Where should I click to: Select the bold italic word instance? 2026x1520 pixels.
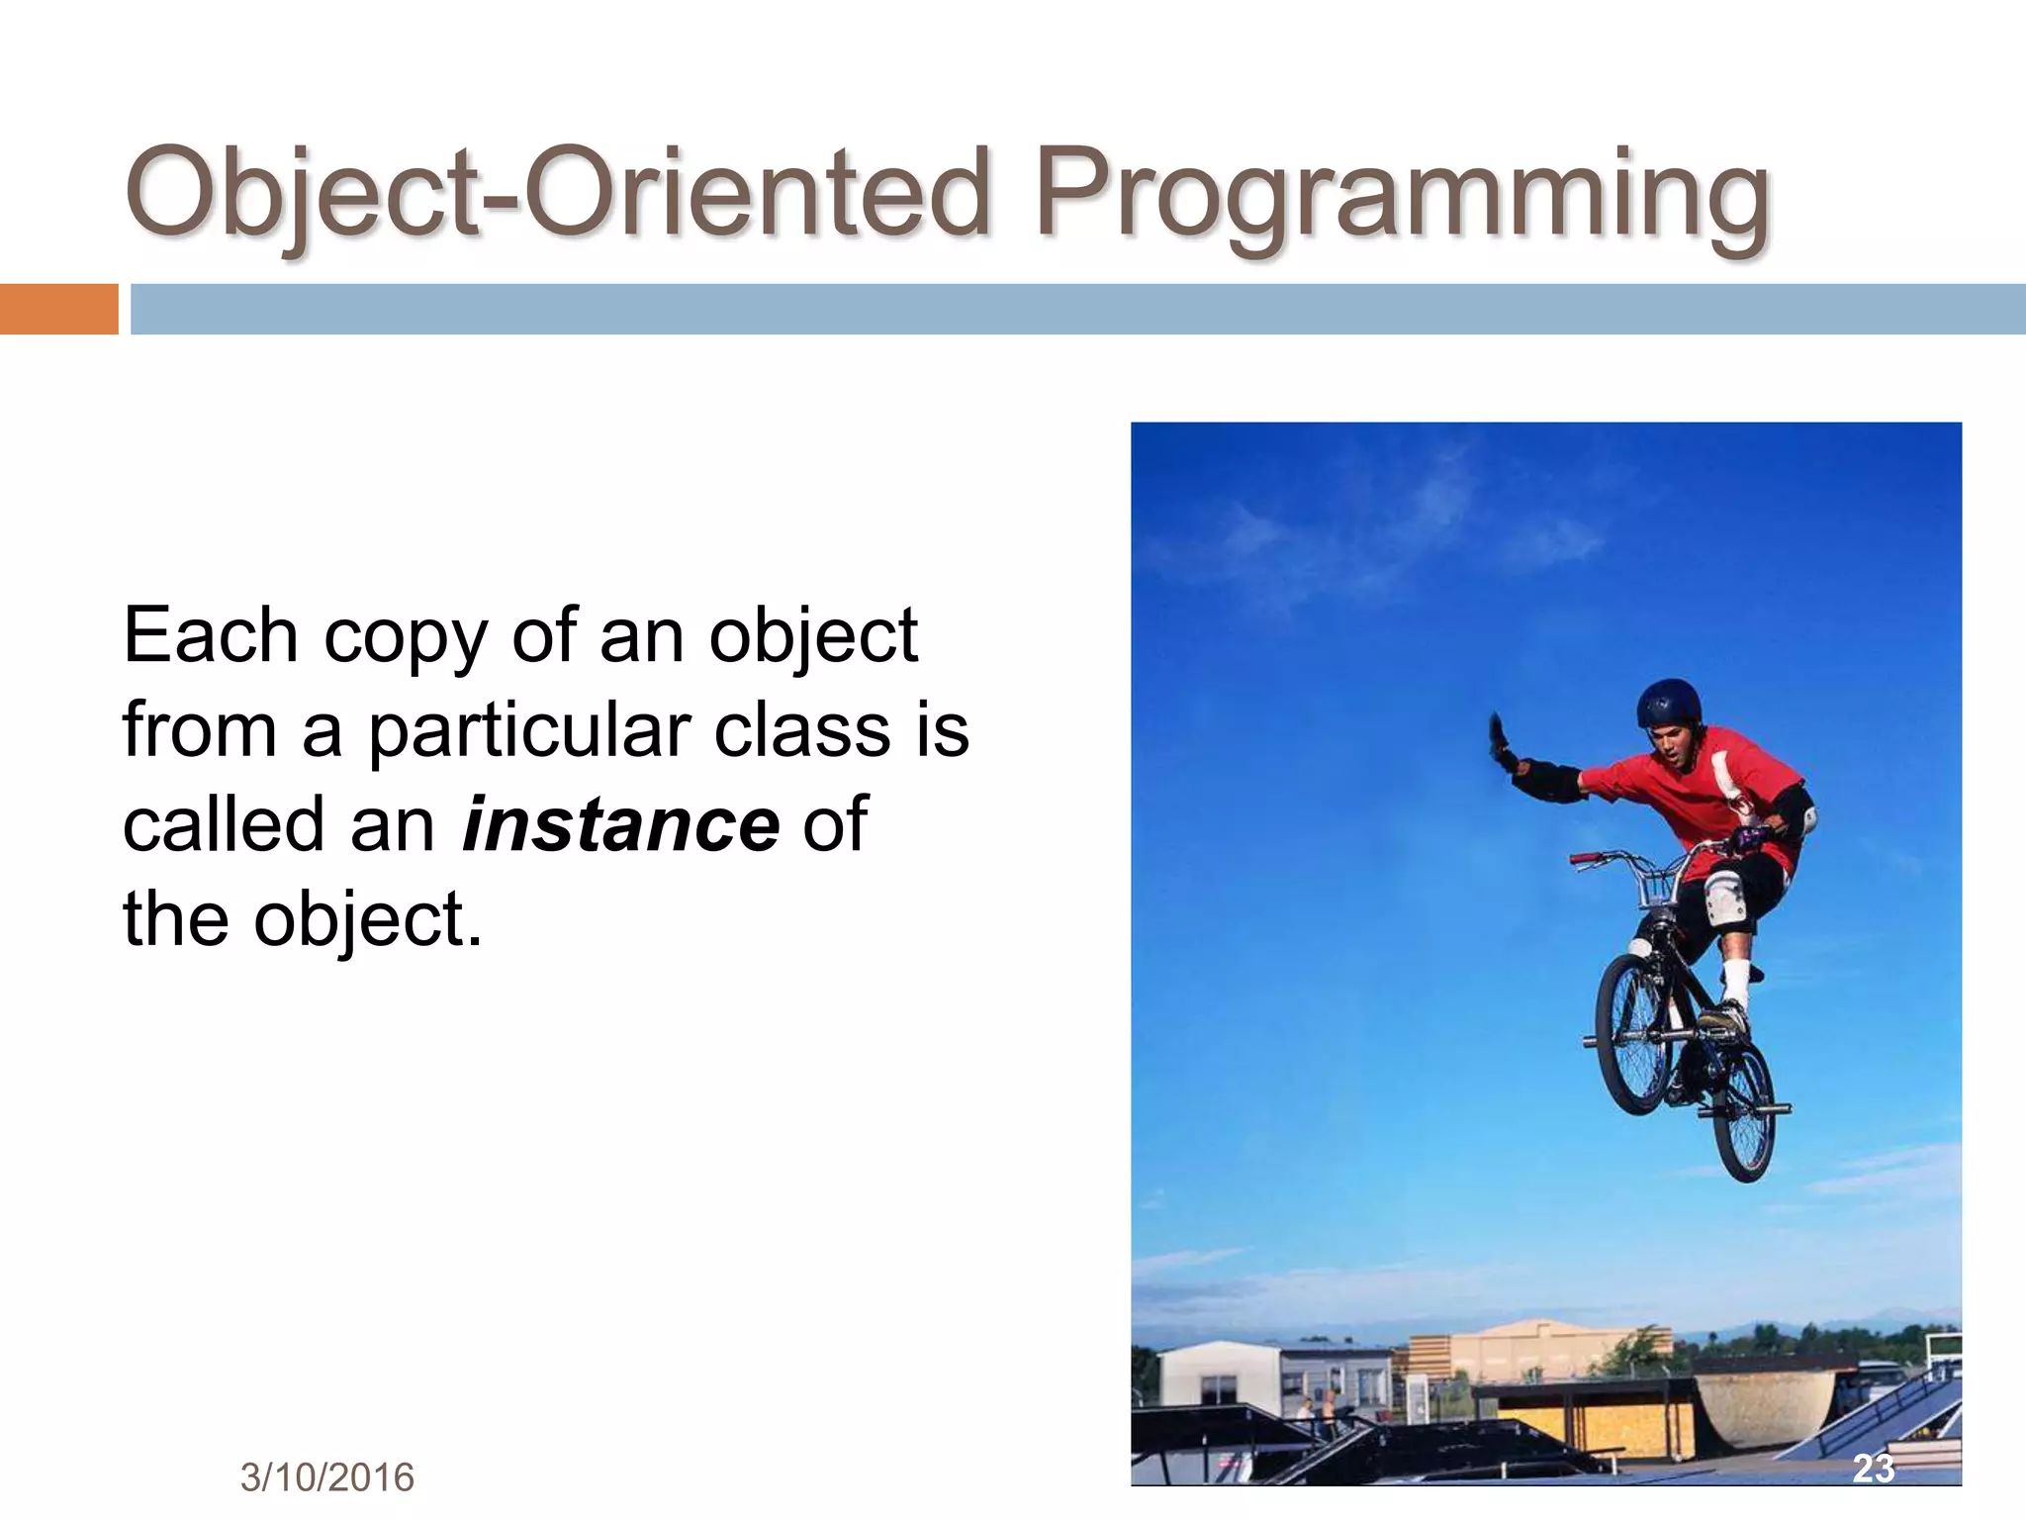[x=620, y=824]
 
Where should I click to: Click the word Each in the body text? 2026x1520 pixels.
[x=209, y=635]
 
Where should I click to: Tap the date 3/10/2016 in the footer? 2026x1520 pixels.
[x=326, y=1477]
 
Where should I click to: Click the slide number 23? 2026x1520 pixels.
[x=1873, y=1468]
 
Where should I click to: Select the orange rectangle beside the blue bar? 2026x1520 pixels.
[x=58, y=309]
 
